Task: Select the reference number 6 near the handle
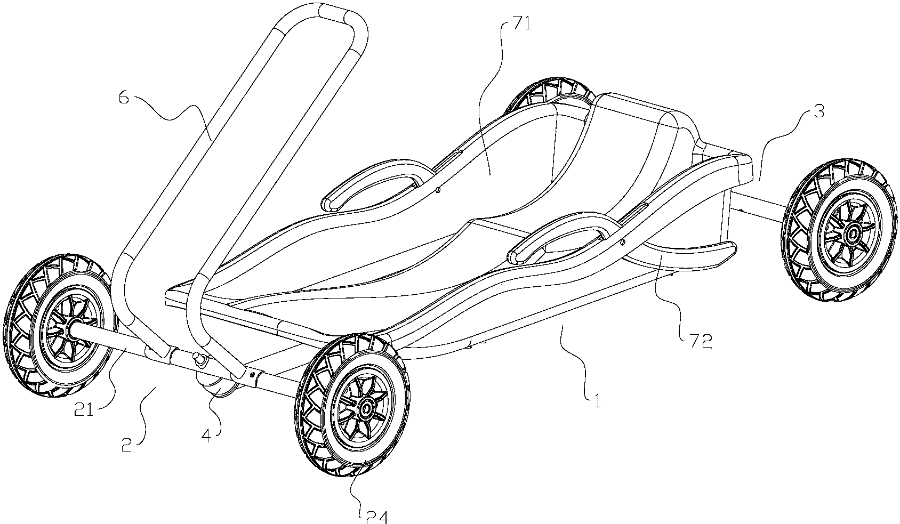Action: click(x=124, y=98)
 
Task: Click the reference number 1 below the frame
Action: click(x=598, y=401)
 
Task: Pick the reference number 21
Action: click(x=84, y=410)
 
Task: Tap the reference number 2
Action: click(x=126, y=445)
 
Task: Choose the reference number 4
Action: click(x=206, y=436)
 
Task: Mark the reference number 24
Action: click(x=377, y=517)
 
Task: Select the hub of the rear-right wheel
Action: click(x=850, y=232)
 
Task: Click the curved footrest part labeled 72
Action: click(x=683, y=256)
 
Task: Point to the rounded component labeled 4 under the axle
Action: click(x=217, y=384)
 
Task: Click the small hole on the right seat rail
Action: click(x=622, y=242)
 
